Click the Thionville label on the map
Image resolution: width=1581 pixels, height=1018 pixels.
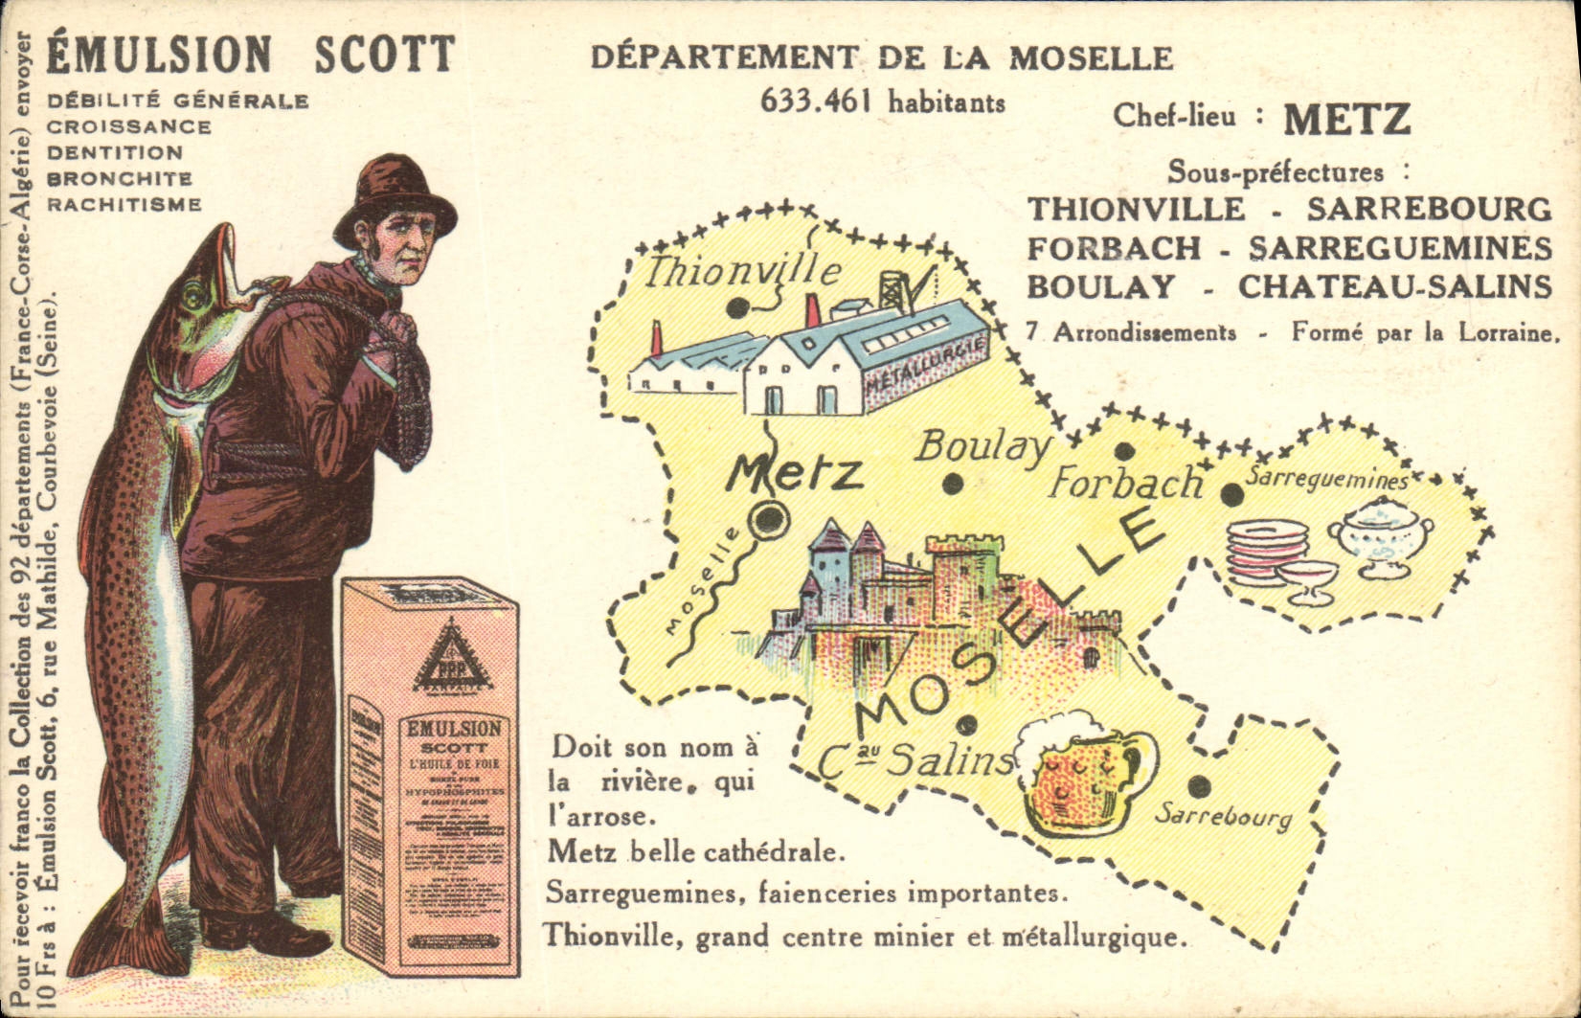741,271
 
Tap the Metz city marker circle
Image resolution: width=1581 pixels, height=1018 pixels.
769,520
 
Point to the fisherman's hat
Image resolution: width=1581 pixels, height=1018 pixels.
395,194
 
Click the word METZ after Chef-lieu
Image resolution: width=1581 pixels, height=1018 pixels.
1346,120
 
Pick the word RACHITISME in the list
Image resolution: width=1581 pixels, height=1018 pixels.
124,204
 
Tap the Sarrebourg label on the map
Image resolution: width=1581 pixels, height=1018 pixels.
1223,817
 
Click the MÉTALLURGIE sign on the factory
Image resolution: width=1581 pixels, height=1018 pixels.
925,368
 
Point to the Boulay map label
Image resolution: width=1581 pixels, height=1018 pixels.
983,447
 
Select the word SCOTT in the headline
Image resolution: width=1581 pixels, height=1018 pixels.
385,55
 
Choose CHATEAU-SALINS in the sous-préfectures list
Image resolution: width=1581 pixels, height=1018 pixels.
1394,286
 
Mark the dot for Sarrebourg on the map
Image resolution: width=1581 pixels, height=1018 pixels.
1199,786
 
